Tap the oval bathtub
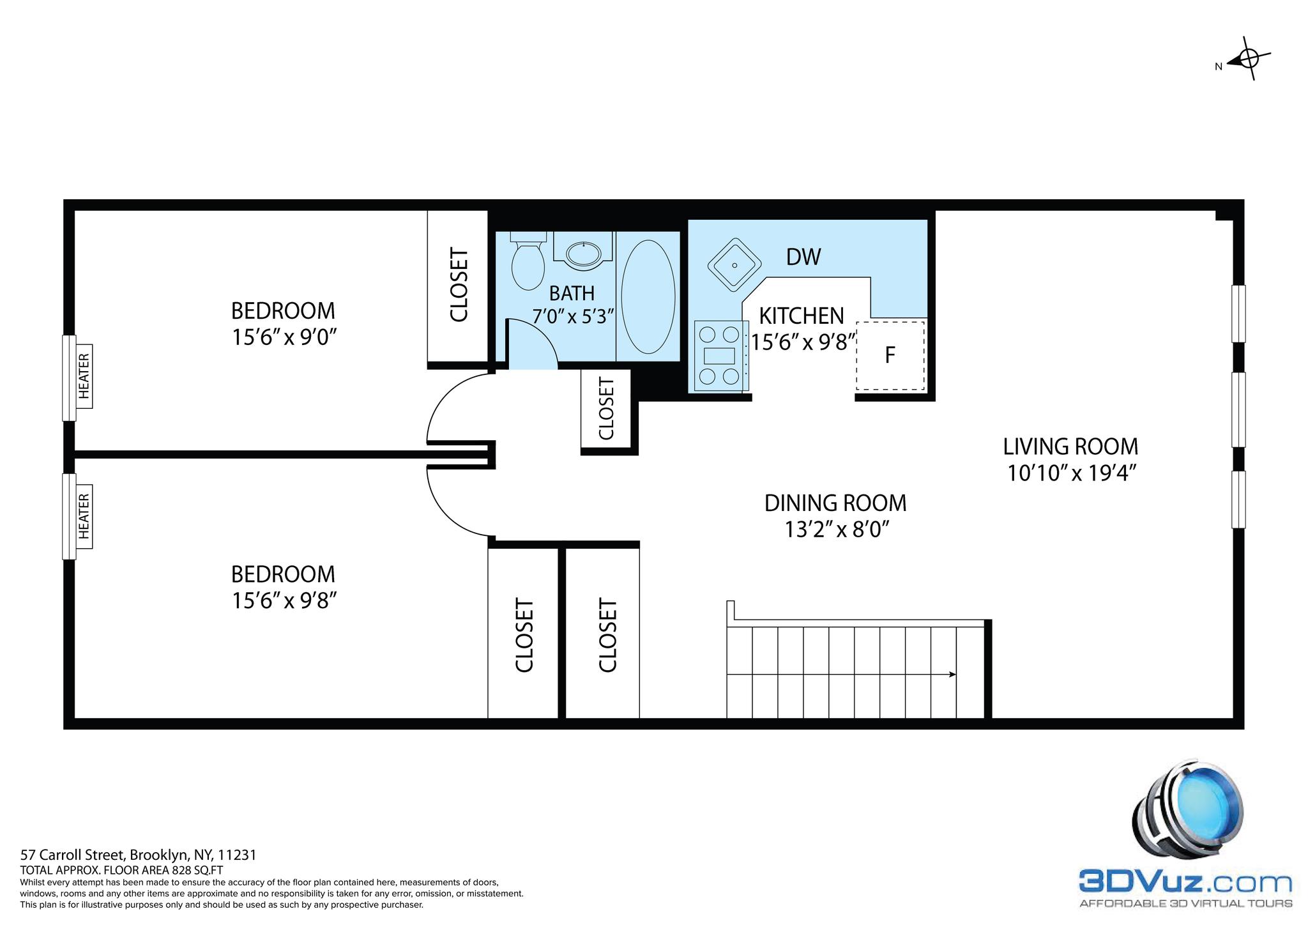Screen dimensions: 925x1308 click(648, 297)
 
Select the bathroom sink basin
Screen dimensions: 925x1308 click(584, 254)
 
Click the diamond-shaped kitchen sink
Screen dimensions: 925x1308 click(734, 264)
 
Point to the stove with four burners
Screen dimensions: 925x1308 click(720, 356)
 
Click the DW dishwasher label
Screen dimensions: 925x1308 click(803, 257)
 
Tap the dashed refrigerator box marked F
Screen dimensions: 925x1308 click(890, 355)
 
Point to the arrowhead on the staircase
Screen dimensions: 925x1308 click(952, 674)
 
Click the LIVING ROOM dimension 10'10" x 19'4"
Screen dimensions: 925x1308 click(1071, 473)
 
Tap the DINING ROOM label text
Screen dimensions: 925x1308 click(835, 503)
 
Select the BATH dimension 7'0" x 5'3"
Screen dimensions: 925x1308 click(573, 316)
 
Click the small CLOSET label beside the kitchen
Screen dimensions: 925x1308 click(606, 409)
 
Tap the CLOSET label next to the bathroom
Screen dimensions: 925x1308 click(459, 285)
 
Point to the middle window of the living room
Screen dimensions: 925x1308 click(1238, 409)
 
